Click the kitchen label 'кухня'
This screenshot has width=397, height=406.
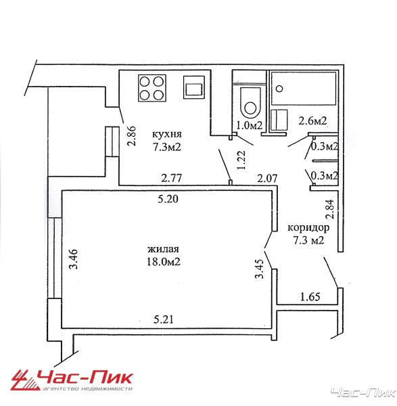(x=166, y=135)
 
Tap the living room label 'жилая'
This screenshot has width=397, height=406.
(x=163, y=249)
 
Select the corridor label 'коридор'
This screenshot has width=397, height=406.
(x=308, y=229)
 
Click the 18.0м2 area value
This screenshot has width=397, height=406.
(x=163, y=262)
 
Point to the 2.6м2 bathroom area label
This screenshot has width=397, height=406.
(x=312, y=120)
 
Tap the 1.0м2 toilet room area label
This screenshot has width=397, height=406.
(x=250, y=126)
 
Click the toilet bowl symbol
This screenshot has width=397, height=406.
(x=250, y=103)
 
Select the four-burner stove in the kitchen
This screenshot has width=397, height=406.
(x=152, y=89)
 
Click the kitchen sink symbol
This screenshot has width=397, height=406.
(x=194, y=87)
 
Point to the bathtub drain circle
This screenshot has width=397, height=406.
(x=279, y=89)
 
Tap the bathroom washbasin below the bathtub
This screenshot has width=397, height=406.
(x=279, y=120)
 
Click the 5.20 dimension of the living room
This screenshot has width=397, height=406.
(x=168, y=199)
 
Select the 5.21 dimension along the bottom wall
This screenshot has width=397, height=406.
(x=164, y=319)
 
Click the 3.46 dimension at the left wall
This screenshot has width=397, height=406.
(x=74, y=259)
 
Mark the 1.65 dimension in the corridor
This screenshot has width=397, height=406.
(x=310, y=297)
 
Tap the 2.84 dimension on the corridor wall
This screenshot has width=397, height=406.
(x=331, y=209)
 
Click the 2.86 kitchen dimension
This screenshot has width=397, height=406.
(x=131, y=136)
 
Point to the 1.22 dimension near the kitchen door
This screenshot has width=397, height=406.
(x=241, y=160)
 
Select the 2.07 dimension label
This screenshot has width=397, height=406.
(x=267, y=179)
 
